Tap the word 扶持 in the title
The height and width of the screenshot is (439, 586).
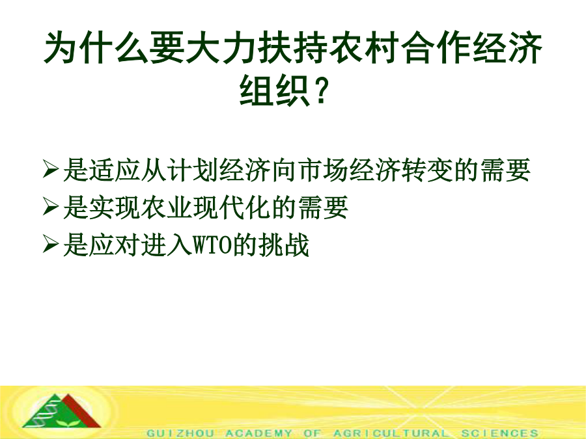click(x=293, y=47)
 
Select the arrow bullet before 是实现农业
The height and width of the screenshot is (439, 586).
click(x=50, y=207)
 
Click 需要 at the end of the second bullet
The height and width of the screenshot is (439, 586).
click(x=324, y=207)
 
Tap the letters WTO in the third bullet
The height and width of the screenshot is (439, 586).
click(x=212, y=245)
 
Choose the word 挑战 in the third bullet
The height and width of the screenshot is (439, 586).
click(x=284, y=245)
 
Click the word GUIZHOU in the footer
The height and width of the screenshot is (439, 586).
click(x=180, y=433)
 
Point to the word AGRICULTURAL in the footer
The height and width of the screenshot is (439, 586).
click(x=391, y=433)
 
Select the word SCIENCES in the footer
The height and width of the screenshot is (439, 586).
click(x=500, y=433)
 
